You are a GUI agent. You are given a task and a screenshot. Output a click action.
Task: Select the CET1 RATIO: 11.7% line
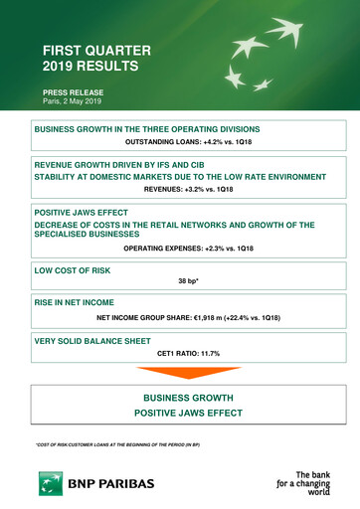[x=189, y=353]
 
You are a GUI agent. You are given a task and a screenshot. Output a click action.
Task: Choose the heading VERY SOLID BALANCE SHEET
[x=97, y=340]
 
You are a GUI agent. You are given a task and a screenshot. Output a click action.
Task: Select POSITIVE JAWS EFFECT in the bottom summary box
[x=189, y=413]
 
